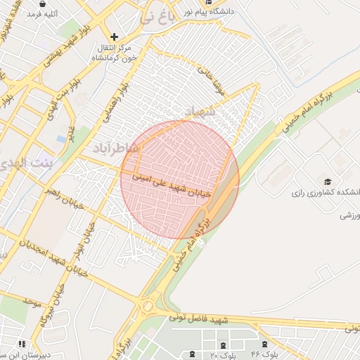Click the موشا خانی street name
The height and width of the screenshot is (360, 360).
tap(209, 79)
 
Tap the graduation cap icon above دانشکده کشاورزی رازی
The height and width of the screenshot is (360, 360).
tap(328, 181)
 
